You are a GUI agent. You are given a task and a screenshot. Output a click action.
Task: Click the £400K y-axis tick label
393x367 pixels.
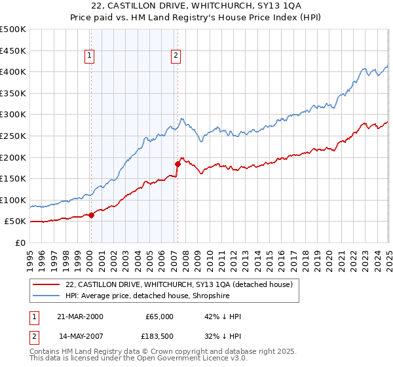[12, 72]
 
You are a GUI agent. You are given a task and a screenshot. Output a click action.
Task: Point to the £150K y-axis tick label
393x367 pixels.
[12, 178]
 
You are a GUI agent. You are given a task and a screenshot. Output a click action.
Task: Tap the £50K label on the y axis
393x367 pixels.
[15, 222]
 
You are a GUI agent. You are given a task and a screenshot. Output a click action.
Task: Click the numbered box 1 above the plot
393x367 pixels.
[89, 56]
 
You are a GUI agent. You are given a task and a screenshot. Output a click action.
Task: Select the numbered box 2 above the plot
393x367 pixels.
[176, 56]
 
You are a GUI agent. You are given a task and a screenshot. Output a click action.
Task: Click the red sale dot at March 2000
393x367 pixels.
[92, 214]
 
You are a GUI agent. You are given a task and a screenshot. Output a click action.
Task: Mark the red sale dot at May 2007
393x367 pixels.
[178, 164]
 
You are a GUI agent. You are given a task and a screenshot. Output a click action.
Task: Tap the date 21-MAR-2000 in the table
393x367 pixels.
[81, 317]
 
